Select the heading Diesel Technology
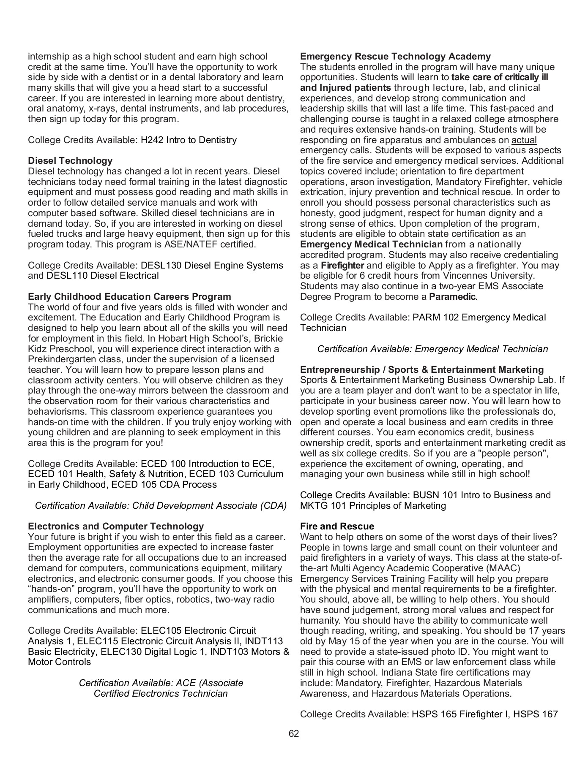pos(70,161)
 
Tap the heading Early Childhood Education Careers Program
pos(129,297)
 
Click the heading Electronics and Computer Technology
pos(116,527)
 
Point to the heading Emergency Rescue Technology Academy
pos(395,57)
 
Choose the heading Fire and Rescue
pos(337,527)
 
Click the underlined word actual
pos(524,140)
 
